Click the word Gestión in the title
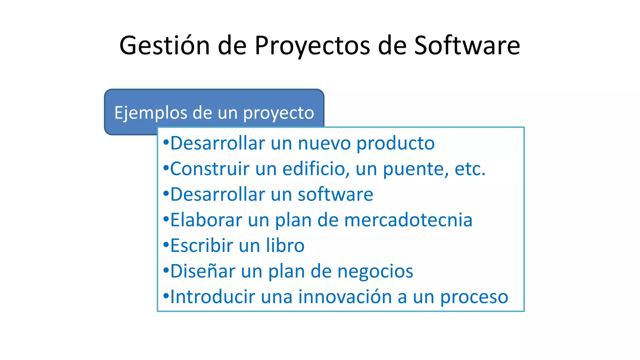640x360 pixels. click(x=164, y=46)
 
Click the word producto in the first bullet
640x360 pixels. click(x=395, y=144)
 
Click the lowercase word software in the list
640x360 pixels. click(x=335, y=194)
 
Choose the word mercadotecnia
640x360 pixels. click(x=408, y=220)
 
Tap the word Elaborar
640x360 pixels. click(x=206, y=220)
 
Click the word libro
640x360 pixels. click(x=285, y=246)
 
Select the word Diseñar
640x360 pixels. click(x=202, y=271)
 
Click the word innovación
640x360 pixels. click(x=345, y=297)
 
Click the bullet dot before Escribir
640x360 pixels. click(x=166, y=244)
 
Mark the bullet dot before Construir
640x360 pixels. click(x=166, y=167)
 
